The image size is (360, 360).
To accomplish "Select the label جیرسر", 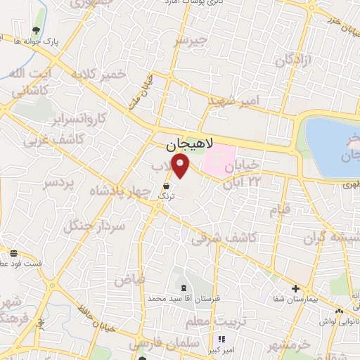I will point(191,41).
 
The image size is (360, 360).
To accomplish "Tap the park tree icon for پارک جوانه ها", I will point(36,31).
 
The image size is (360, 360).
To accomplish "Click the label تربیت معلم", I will point(210,321).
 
